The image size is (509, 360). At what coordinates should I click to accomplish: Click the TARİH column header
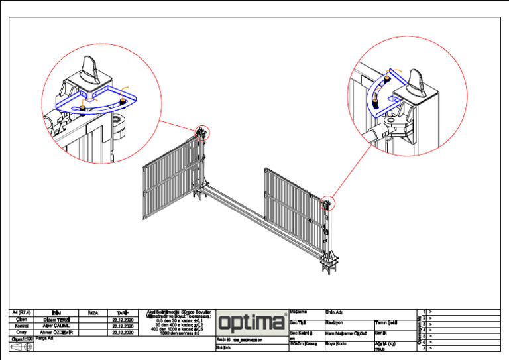tap(123, 312)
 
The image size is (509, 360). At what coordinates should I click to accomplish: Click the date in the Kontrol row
tap(123, 326)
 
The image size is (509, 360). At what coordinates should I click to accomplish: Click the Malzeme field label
tap(299, 312)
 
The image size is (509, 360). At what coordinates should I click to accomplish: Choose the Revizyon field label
tap(334, 322)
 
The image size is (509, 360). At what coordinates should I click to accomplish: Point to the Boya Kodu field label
tap(336, 343)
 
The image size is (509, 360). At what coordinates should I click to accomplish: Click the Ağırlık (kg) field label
tap(386, 343)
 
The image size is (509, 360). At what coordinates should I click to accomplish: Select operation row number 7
tap(424, 348)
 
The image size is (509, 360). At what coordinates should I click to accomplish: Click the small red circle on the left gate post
tap(202, 133)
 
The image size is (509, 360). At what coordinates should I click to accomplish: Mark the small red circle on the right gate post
tap(327, 204)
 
